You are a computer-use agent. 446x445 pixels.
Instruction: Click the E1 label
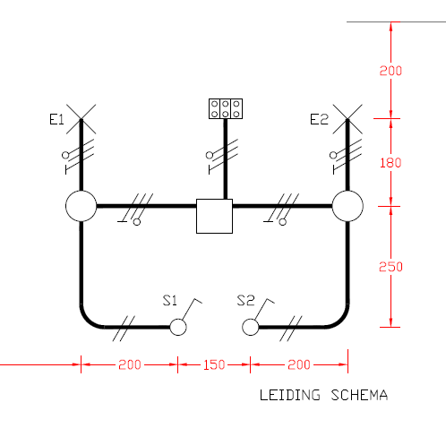click(x=56, y=120)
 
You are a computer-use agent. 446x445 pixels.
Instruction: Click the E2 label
click(x=319, y=119)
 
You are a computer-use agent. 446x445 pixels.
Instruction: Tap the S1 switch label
click(x=170, y=300)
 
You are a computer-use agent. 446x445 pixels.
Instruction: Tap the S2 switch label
click(x=246, y=300)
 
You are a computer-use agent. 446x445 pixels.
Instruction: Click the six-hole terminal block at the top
click(x=226, y=109)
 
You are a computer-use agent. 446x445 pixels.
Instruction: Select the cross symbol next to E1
click(x=81, y=119)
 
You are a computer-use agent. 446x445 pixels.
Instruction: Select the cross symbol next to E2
click(x=347, y=119)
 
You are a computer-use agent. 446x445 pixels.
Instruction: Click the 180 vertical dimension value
click(x=390, y=163)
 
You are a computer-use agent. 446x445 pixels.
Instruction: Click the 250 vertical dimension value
click(x=390, y=267)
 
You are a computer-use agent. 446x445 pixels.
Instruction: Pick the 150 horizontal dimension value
click(x=214, y=364)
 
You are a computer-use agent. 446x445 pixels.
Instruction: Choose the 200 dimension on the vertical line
click(x=390, y=71)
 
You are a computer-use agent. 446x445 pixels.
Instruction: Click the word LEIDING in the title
click(x=290, y=395)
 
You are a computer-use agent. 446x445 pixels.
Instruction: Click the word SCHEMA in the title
click(x=359, y=395)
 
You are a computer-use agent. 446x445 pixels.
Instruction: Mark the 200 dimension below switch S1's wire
click(x=130, y=364)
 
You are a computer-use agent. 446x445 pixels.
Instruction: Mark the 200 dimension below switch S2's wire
click(x=299, y=364)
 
